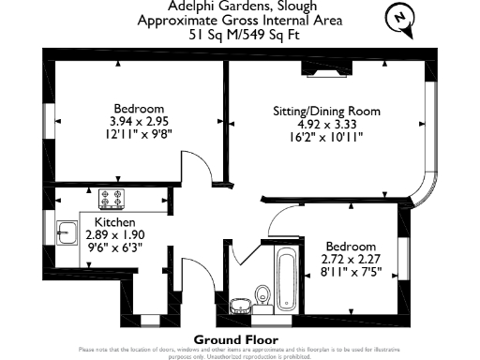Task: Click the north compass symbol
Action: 400,18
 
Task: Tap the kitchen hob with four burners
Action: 112,199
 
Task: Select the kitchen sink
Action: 67,232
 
